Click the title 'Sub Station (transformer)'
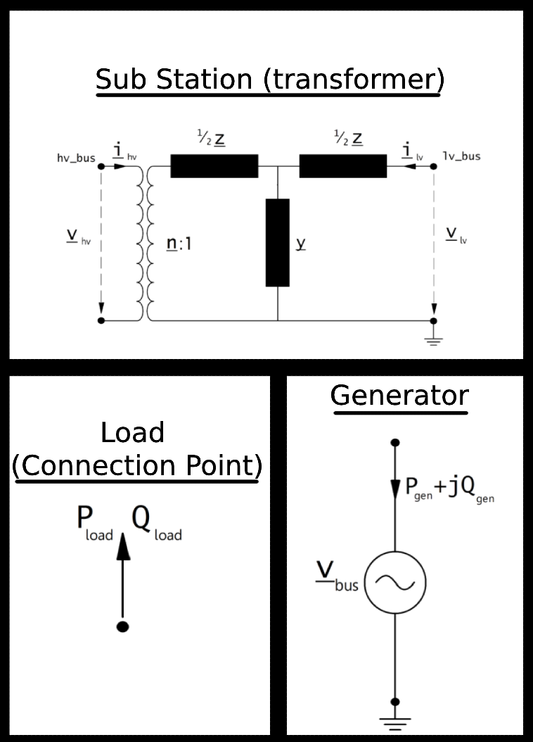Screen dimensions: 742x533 click(269, 80)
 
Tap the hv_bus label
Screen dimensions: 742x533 click(75, 157)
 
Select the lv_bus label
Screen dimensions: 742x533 click(461, 156)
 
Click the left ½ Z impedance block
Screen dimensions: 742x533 click(214, 166)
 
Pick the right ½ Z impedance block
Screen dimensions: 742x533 click(343, 166)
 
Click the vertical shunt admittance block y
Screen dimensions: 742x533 click(278, 242)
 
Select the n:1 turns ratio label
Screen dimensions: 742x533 click(179, 244)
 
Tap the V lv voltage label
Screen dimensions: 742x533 click(456, 234)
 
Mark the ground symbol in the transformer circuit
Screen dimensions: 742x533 click(434, 339)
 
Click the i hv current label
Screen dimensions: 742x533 click(122, 151)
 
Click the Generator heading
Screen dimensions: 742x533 click(399, 396)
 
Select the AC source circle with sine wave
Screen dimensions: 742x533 click(395, 582)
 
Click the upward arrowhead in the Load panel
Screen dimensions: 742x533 click(123, 546)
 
